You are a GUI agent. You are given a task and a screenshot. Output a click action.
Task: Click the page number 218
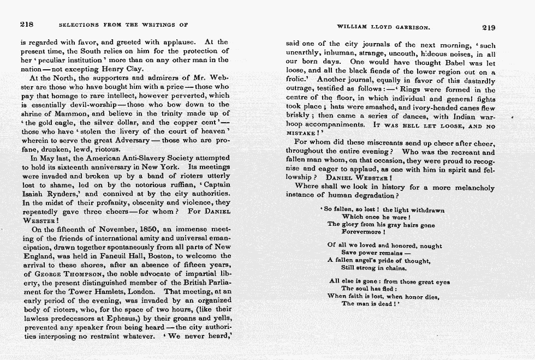click(x=27, y=25)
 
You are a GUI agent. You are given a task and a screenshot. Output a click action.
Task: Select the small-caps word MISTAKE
click(x=303, y=134)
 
